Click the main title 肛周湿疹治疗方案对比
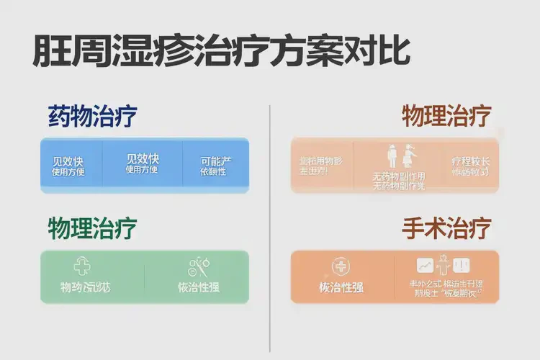pyautogui.click(x=222, y=52)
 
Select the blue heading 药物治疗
pyautogui.click(x=92, y=116)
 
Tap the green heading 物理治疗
pyautogui.click(x=92, y=229)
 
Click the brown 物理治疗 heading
pyautogui.click(x=446, y=116)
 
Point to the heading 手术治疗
pyautogui.click(x=446, y=229)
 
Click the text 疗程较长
pyautogui.click(x=470, y=161)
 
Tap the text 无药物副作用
pyautogui.click(x=398, y=176)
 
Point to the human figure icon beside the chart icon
pyautogui.click(x=444, y=265)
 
